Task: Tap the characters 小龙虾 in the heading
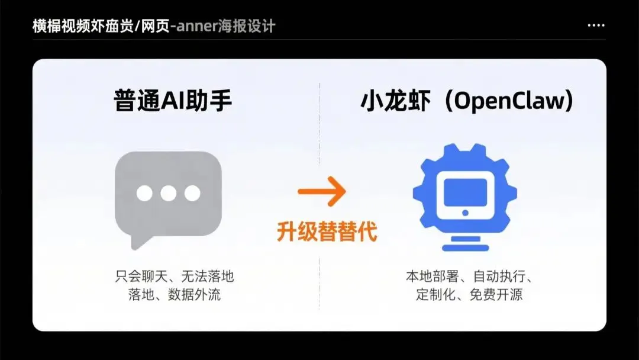click(395, 102)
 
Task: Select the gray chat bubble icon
click(168, 195)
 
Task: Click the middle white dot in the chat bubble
click(169, 193)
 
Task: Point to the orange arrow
click(321, 192)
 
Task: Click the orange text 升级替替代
click(327, 232)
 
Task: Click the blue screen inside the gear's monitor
click(464, 188)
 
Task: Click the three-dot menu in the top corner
click(596, 26)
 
